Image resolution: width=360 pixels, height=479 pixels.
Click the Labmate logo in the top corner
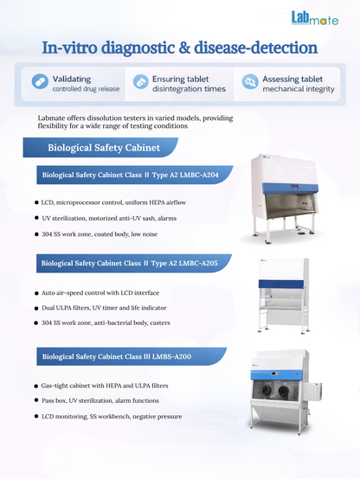tap(315, 18)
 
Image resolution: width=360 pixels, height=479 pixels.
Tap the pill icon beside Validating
tap(40, 81)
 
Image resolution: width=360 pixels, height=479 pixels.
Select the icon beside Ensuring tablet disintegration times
tap(141, 82)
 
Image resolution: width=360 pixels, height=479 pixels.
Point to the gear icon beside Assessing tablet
tap(250, 81)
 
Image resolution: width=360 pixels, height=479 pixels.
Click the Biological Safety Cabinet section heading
tap(104, 148)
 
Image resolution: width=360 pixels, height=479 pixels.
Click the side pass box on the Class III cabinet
tap(312, 392)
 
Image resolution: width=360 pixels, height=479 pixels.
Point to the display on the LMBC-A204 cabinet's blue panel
tap(295, 187)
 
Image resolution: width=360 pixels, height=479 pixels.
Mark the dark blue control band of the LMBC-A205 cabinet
tap(281, 284)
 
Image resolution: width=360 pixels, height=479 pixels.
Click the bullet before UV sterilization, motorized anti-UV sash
tap(36, 218)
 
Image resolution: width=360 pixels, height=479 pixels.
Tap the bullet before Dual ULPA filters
tap(36, 308)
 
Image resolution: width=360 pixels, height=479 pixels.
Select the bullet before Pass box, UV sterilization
tap(36, 400)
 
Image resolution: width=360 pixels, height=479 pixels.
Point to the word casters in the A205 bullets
tap(160, 323)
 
